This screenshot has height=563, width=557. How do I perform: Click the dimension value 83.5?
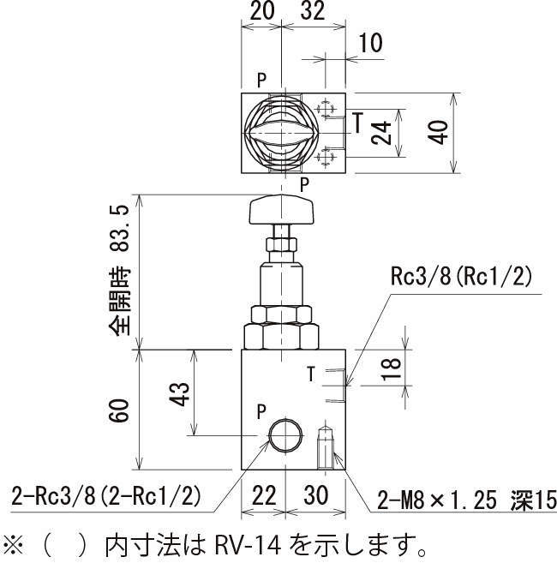[119, 234]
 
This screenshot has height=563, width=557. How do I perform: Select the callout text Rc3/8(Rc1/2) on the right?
[461, 276]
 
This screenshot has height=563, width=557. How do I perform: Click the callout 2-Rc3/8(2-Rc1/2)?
[106, 495]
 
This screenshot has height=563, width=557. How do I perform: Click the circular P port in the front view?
[283, 436]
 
